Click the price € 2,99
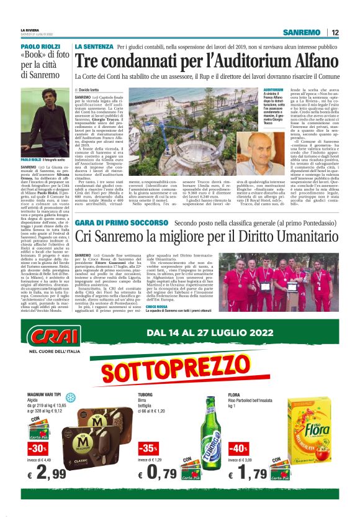point(48,475)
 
